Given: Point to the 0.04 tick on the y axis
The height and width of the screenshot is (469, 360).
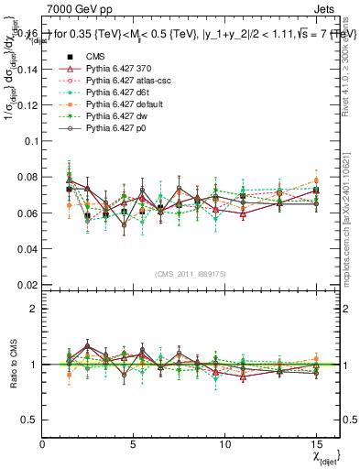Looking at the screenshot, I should (x=27, y=249).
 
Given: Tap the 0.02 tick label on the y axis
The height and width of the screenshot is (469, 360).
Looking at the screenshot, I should (x=27, y=285).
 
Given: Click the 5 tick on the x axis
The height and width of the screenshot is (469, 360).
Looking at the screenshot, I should (x=135, y=443).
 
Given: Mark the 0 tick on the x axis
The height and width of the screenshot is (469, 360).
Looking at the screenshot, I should (x=43, y=443).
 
